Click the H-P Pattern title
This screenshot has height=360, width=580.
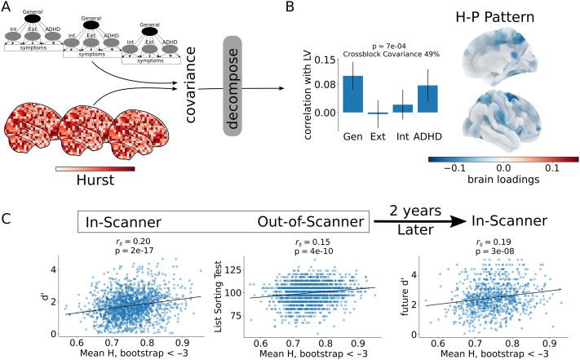click(503, 16)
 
